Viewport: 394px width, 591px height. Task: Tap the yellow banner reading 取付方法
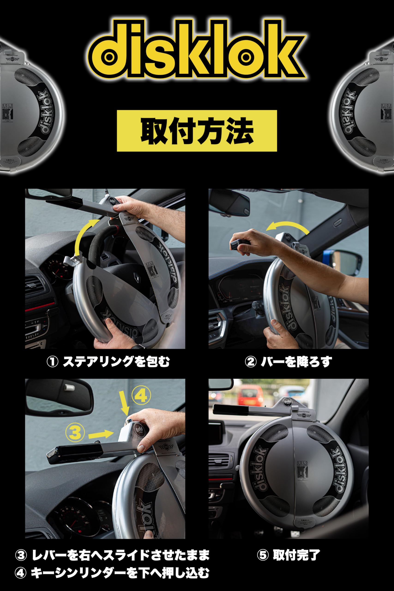(x=197, y=131)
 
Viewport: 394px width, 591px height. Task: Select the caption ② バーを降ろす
(x=289, y=362)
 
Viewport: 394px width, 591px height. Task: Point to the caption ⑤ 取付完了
(x=289, y=555)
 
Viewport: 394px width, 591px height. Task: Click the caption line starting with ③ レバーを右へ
(x=112, y=555)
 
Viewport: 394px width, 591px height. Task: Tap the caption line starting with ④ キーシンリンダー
(x=112, y=573)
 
